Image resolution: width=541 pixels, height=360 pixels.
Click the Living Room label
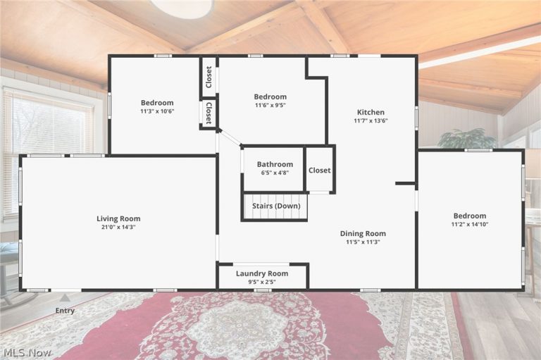[x=118, y=218]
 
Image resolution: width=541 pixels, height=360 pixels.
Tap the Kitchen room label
[x=371, y=112]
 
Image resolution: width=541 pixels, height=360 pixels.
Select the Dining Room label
[x=363, y=234]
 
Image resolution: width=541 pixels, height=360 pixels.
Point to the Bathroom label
[x=274, y=164]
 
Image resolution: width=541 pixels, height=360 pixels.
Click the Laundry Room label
[x=261, y=273]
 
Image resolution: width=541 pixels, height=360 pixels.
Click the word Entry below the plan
[x=65, y=311]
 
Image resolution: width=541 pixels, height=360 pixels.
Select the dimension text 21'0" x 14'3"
[x=118, y=227]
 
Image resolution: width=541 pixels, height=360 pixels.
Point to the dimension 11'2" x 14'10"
[x=469, y=224]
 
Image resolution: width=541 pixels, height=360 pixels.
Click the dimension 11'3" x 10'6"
[x=157, y=111]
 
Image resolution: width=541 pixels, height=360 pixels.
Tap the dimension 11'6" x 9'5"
[x=270, y=105]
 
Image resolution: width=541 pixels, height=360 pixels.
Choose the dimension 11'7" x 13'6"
[x=371, y=120]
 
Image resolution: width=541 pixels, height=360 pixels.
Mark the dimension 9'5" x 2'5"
[x=261, y=282]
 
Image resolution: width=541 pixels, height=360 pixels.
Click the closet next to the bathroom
[x=319, y=170]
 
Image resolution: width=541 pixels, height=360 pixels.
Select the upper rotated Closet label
[x=209, y=77]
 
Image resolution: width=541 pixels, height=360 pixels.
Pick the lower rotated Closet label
[x=209, y=113]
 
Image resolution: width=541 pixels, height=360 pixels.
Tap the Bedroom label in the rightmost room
[x=469, y=216]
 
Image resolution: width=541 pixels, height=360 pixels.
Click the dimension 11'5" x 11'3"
[x=363, y=242]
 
